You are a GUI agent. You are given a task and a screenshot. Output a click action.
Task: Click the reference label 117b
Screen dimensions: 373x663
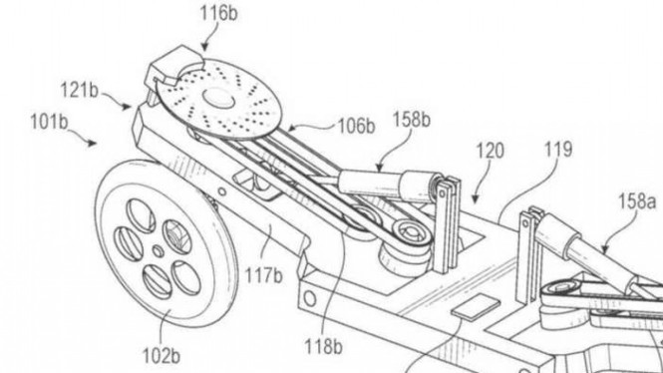[x=262, y=270]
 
